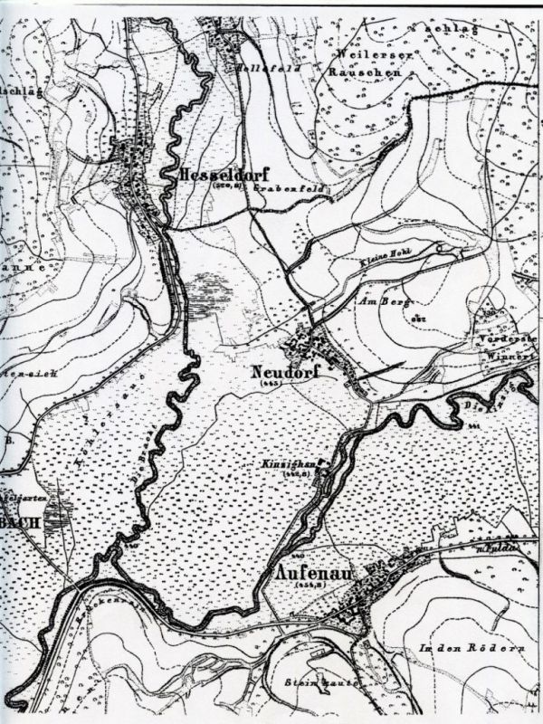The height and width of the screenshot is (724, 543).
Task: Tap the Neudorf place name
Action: tap(281, 371)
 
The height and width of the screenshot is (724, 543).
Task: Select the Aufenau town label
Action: tap(310, 574)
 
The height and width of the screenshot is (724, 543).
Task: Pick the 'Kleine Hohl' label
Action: tap(379, 260)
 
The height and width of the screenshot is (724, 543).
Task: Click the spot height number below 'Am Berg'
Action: tap(418, 319)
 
